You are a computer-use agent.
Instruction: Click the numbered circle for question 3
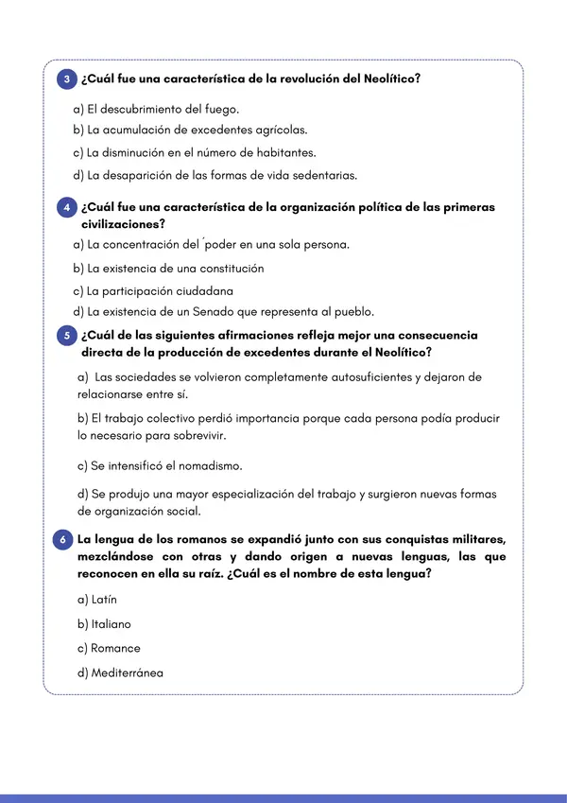pos(67,80)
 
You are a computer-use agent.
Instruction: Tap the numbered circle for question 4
pos(67,207)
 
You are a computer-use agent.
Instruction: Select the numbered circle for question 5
pos(67,335)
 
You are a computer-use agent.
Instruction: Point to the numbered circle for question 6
pos(62,539)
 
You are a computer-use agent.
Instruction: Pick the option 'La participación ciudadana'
pos(153,290)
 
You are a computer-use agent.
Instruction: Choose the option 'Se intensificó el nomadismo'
pos(161,465)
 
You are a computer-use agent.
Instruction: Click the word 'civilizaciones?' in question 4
pos(124,224)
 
